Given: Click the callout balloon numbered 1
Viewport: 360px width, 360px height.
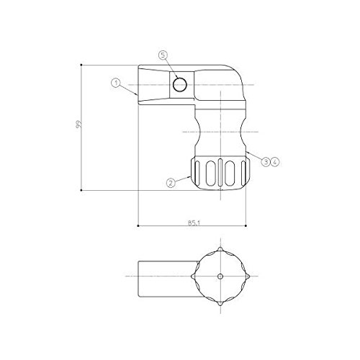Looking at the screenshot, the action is click(x=116, y=84).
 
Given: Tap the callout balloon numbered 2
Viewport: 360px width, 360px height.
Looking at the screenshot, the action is click(x=171, y=183).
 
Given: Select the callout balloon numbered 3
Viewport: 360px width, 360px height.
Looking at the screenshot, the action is click(x=266, y=162).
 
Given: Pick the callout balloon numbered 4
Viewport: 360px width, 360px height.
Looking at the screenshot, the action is click(x=275, y=162).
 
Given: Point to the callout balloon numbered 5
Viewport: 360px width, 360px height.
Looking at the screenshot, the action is click(x=163, y=55).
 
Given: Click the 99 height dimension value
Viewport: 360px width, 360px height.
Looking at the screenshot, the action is click(x=78, y=125).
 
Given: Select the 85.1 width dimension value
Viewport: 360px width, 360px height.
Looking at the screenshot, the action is click(x=194, y=222).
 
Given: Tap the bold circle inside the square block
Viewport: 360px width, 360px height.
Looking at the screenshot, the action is click(x=180, y=85).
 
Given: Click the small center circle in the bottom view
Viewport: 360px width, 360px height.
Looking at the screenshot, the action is click(x=220, y=276).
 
